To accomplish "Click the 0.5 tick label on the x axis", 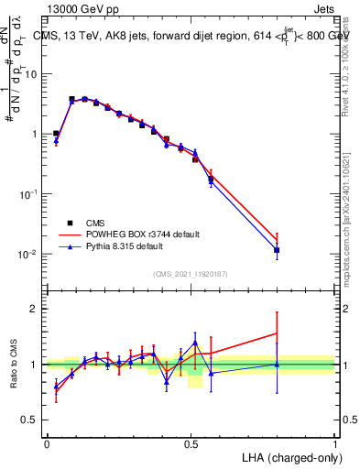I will coord(191,443).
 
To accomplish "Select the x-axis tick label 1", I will coord(335,443).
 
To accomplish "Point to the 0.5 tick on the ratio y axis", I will coord(33,420).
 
